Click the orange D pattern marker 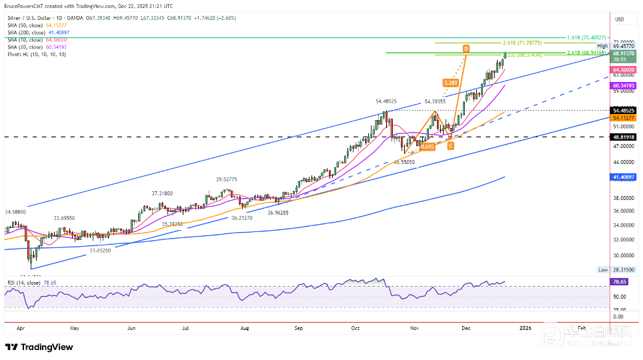pos(466,49)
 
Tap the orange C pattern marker pos(451,145)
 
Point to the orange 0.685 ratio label pos(428,145)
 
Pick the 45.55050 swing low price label pos(404,161)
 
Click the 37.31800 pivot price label pos(163,193)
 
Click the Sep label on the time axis pos(299,328)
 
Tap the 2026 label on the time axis pos(526,328)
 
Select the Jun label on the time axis pos(131,328)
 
